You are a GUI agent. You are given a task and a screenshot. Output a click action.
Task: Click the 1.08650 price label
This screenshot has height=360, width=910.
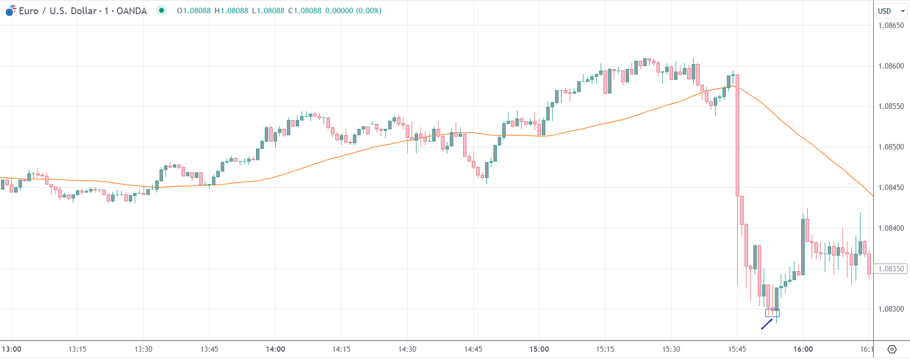(x=891, y=26)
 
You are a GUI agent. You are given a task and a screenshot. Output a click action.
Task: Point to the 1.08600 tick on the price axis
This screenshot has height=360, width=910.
(x=891, y=66)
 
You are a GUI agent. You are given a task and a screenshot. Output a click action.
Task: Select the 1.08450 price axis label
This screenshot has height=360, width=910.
(x=891, y=188)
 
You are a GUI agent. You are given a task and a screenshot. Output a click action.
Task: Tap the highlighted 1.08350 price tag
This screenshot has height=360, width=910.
(x=891, y=269)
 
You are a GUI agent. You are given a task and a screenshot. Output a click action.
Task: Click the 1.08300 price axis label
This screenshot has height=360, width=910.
(x=891, y=309)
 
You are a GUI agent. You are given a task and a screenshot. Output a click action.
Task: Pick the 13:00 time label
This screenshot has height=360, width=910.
(x=11, y=349)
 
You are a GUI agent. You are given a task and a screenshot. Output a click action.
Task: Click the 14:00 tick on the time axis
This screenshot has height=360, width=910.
(x=276, y=349)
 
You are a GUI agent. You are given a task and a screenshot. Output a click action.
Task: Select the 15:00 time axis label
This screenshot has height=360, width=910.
(x=539, y=349)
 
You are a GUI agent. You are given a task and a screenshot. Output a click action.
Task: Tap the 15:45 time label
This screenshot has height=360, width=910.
(x=737, y=349)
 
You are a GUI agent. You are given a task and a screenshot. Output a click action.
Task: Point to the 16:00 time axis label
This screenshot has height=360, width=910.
(x=803, y=349)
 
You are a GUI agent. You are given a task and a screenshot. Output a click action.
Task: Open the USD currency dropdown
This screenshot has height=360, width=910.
(x=891, y=11)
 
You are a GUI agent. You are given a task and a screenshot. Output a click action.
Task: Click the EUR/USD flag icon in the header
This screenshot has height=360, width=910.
(x=10, y=10)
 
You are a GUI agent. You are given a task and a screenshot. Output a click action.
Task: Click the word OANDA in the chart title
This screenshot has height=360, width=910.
(x=132, y=11)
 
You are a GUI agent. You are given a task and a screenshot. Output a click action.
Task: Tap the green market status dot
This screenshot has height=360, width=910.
(x=161, y=10)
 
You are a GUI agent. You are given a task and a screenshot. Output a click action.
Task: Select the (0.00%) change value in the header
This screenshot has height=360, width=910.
(x=369, y=11)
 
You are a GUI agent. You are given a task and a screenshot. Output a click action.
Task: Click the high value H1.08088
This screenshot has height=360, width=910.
(x=231, y=11)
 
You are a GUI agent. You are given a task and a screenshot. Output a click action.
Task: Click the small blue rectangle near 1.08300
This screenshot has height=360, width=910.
(x=772, y=313)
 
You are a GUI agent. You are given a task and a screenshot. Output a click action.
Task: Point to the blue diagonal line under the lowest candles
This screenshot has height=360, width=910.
(x=766, y=324)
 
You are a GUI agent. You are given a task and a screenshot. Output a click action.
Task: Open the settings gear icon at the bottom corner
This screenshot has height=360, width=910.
(x=892, y=349)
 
